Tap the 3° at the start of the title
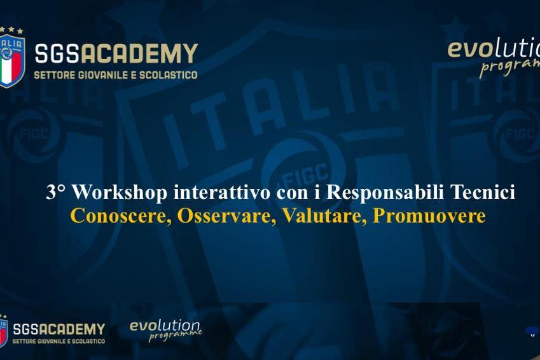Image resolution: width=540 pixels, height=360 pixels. [x=56, y=192]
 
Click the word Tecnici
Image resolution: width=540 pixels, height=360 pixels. [x=483, y=192]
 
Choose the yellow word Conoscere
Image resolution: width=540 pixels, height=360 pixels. [x=121, y=216]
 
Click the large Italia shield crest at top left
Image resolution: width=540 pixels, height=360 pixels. [x=12, y=61]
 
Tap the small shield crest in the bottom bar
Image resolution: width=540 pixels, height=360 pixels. [x=3, y=333]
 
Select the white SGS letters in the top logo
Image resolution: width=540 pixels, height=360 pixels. [x=57, y=53]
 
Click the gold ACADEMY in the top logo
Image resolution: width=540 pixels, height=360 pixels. [x=139, y=53]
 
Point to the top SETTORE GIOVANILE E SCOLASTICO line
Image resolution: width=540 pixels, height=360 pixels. [x=116, y=75]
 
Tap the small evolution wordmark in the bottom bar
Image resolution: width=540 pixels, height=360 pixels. [x=165, y=326]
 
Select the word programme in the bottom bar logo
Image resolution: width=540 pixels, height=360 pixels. [x=176, y=336]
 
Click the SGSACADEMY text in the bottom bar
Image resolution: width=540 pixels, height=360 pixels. [x=59, y=329]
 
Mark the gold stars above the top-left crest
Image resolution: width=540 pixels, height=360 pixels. [x=11, y=30]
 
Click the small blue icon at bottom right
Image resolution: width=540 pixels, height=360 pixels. [x=532, y=331]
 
